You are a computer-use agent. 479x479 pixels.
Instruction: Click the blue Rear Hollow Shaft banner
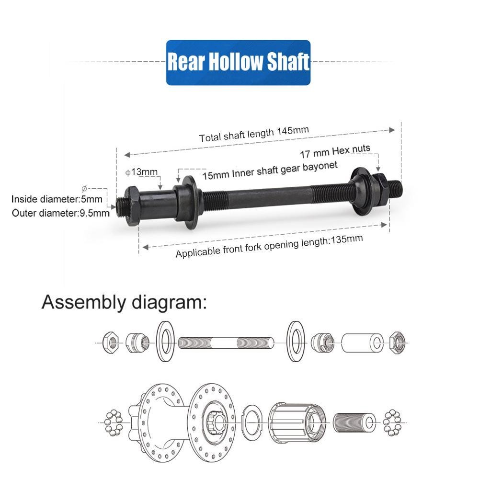pyautogui.click(x=238, y=63)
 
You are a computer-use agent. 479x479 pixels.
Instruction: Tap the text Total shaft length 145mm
pyautogui.click(x=254, y=134)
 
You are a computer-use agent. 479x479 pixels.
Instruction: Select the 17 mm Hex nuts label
pyautogui.click(x=335, y=151)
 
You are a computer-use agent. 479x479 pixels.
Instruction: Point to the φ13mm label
pyautogui.click(x=141, y=172)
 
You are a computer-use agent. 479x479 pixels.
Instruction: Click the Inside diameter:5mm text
pyautogui.click(x=57, y=199)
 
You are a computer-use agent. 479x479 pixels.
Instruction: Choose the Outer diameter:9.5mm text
pyautogui.click(x=60, y=212)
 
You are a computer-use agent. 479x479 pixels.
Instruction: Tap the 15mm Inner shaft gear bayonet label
pyautogui.click(x=270, y=170)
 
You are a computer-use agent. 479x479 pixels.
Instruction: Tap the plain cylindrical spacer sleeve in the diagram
pyautogui.click(x=362, y=342)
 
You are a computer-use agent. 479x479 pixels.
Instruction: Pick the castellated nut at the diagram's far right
pyautogui.click(x=397, y=342)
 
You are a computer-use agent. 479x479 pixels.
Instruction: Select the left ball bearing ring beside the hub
pyautogui.click(x=114, y=422)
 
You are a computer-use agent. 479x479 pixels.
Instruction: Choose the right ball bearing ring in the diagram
pyautogui.click(x=392, y=422)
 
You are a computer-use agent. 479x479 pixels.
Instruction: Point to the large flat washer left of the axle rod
pyautogui.click(x=165, y=342)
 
